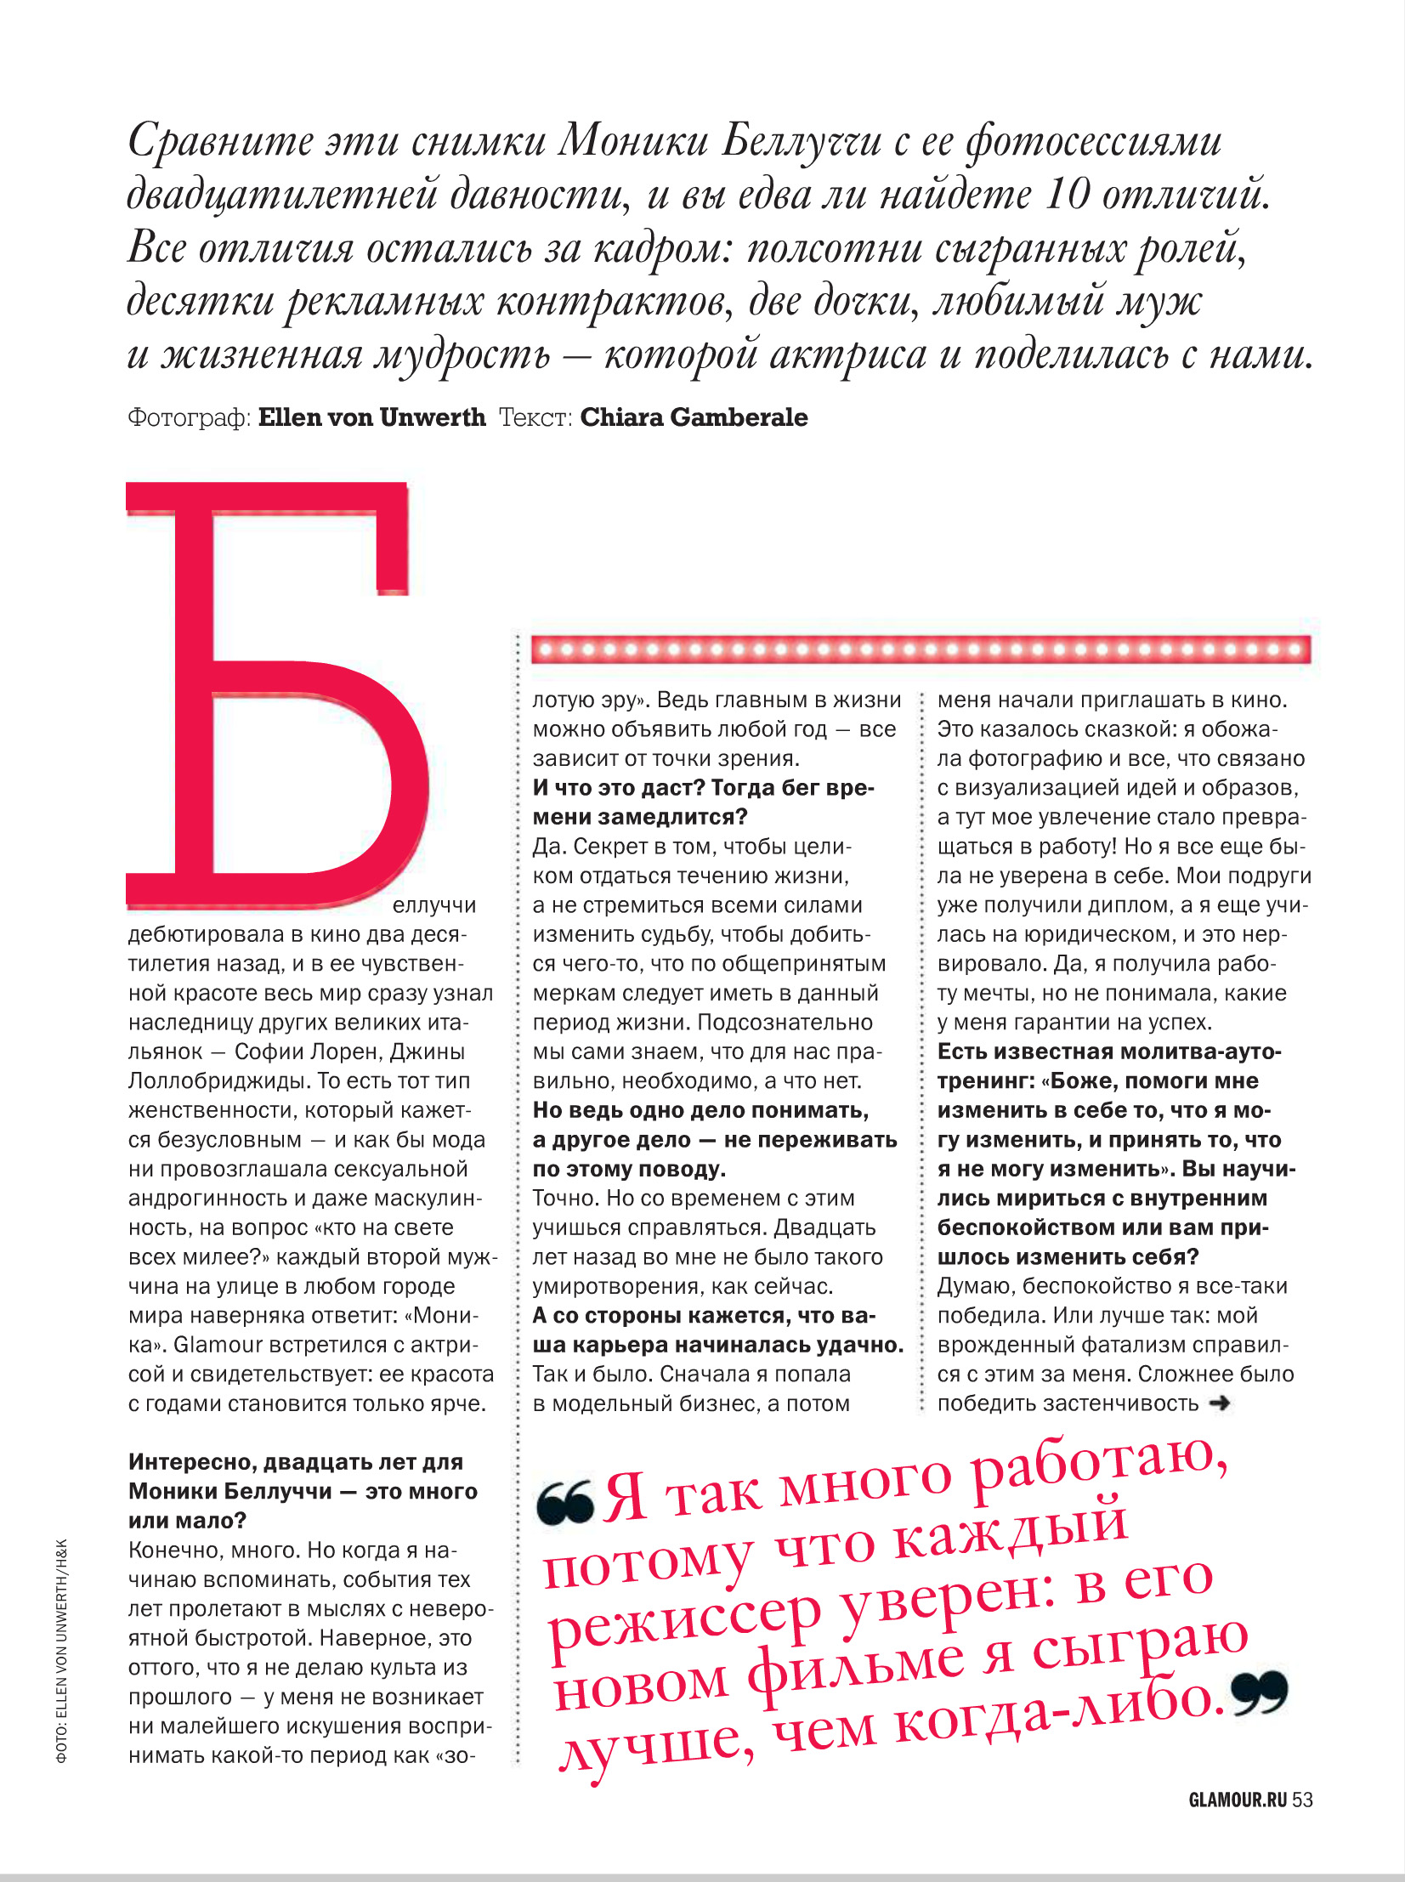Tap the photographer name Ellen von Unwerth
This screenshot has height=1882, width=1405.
point(371,417)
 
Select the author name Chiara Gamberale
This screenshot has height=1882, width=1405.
point(694,417)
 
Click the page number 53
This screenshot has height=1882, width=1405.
point(1302,1800)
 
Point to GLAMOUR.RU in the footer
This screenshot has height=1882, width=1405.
point(1238,1800)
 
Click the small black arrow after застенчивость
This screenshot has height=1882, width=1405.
point(1220,1403)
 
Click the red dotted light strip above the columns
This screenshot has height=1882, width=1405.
point(921,649)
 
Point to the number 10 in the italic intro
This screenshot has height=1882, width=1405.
point(1065,195)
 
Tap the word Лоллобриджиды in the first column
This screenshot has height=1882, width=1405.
point(213,1081)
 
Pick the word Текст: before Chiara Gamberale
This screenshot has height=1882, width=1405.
point(535,417)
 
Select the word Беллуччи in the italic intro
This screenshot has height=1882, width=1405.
point(802,141)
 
